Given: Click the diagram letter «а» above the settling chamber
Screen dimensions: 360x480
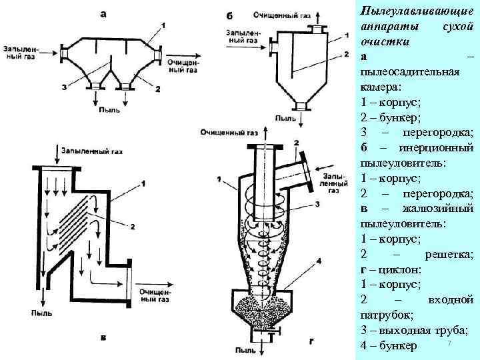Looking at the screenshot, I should [x=102, y=12].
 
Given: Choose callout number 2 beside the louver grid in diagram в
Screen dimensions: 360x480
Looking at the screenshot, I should [x=132, y=227].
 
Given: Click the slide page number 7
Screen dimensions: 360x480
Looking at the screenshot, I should [x=450, y=343].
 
